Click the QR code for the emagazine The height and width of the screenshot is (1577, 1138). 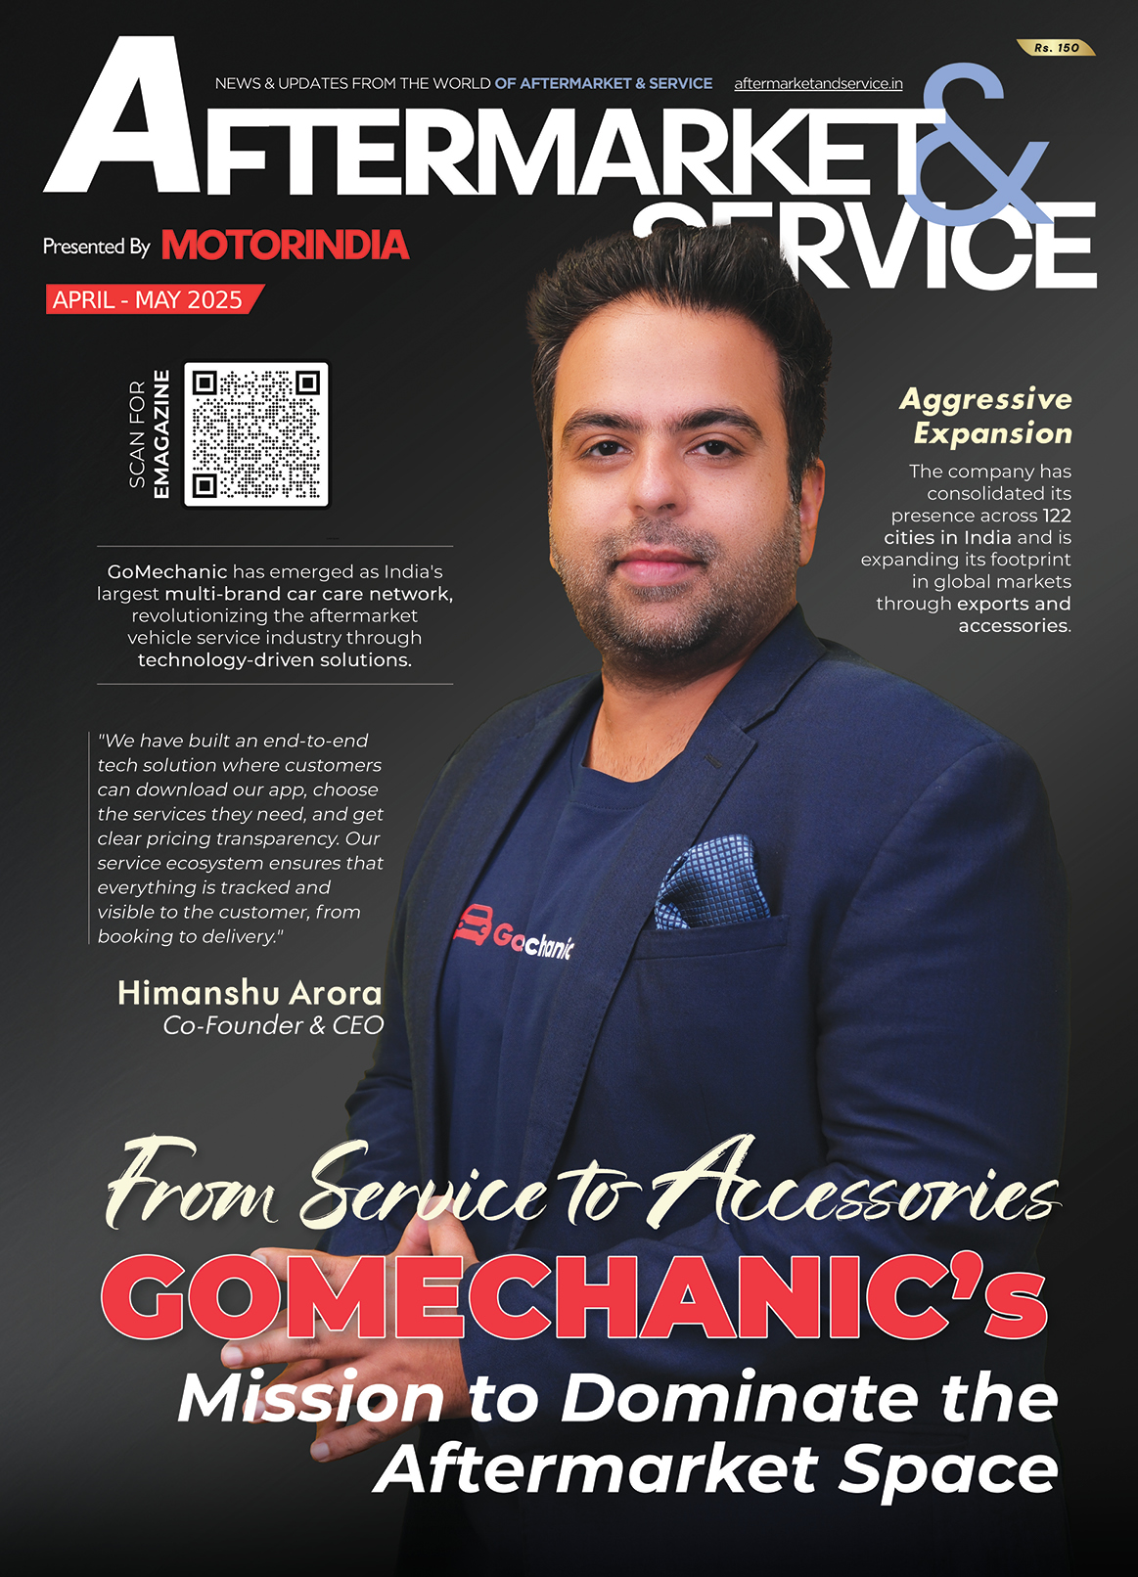[x=256, y=434]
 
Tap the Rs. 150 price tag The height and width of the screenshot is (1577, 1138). [x=1057, y=47]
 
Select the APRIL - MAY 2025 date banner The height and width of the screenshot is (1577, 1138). [x=149, y=299]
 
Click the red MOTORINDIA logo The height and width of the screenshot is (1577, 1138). [x=284, y=246]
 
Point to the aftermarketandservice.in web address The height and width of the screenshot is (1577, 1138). [x=818, y=84]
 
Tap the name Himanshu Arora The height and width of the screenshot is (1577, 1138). [x=250, y=993]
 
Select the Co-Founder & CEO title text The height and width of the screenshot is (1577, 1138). [x=273, y=1025]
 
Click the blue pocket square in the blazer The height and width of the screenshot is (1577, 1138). [x=711, y=884]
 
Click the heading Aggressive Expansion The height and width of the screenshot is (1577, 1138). [x=986, y=416]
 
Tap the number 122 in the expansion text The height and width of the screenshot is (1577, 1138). [x=1056, y=516]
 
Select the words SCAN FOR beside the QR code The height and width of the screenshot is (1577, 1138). [x=137, y=434]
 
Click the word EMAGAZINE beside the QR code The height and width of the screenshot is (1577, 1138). [x=161, y=434]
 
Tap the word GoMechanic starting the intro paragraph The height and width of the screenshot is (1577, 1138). [x=166, y=571]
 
